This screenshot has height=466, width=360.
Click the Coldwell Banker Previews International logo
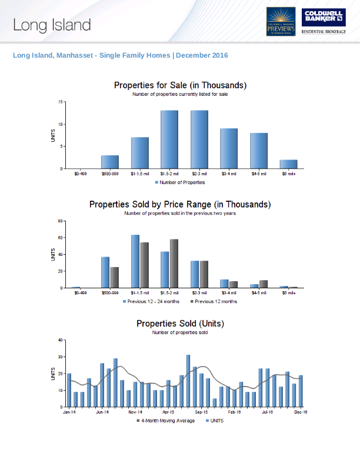[x=281, y=21]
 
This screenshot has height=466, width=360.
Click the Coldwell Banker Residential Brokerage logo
[x=323, y=21]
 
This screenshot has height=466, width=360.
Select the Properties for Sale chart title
[x=180, y=86]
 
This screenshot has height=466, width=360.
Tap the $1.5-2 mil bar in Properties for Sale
[x=169, y=139]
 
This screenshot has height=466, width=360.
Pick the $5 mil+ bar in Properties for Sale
[x=288, y=164]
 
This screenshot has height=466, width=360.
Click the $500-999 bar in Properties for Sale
[x=110, y=162]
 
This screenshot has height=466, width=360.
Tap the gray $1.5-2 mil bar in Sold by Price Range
[x=174, y=264]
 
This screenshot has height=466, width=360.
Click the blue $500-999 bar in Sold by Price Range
[x=105, y=272]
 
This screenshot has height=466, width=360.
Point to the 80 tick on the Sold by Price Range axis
[x=60, y=221]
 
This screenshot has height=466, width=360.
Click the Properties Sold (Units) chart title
[x=180, y=324]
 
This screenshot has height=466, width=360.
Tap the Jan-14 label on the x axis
[x=69, y=412]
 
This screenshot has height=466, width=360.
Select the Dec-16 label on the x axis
[x=301, y=412]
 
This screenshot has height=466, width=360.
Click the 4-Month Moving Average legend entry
[x=168, y=421]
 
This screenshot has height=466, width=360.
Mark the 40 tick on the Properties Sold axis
[x=60, y=340]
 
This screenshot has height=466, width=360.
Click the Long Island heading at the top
[x=52, y=25]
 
